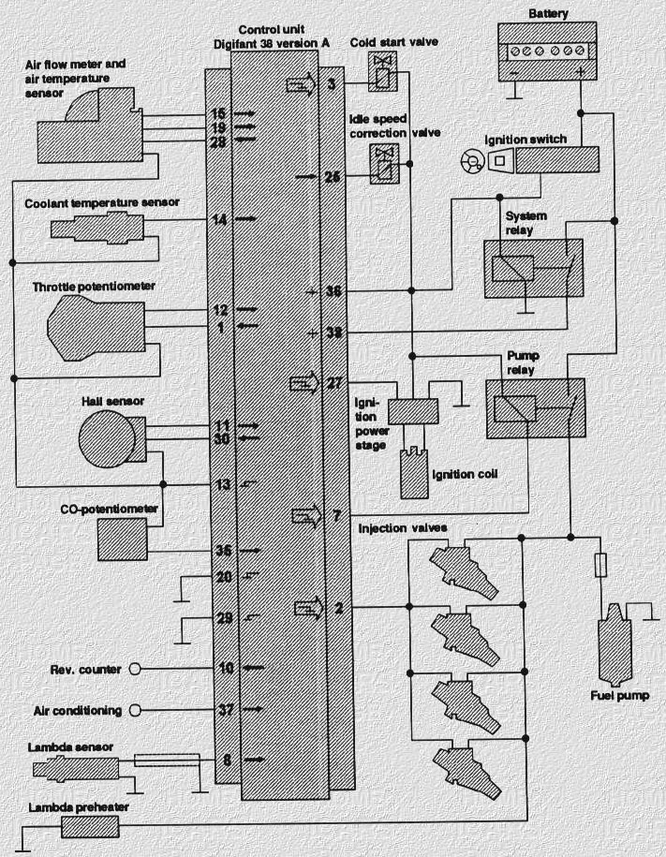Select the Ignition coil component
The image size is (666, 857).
tap(413, 473)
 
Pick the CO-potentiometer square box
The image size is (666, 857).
tap(123, 539)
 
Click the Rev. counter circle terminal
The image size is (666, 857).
tap(134, 669)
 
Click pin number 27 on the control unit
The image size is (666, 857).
tap(335, 382)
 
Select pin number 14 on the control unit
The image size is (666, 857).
tap(220, 220)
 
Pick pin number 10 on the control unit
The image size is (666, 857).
tap(225, 669)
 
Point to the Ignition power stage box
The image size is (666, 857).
tap(413, 409)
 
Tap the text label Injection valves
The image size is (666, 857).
tap(402, 528)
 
